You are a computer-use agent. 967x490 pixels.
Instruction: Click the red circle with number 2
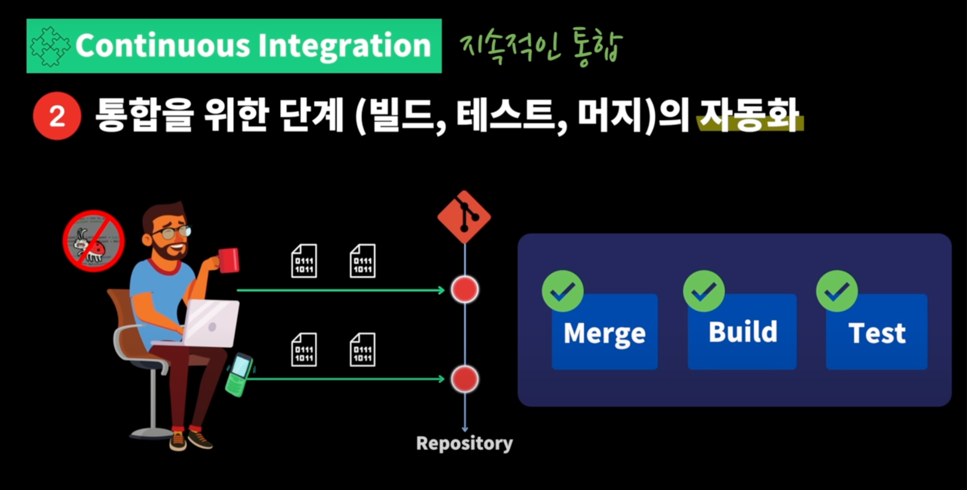57,116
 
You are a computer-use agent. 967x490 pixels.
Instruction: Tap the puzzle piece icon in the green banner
50,46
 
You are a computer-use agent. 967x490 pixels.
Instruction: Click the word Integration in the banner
344,46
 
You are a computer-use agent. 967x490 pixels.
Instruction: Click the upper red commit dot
464,290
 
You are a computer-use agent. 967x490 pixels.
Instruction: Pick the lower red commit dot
464,379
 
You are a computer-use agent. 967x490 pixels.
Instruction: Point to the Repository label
464,443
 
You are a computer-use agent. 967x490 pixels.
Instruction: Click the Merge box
604,333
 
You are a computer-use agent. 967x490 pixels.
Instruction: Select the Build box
742,332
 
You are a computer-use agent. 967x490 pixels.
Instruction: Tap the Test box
877,333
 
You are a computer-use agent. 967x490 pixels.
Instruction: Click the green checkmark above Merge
563,291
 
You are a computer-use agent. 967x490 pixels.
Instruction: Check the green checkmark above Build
704,291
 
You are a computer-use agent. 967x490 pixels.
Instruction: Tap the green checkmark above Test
837,291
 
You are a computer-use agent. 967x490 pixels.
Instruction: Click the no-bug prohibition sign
94,241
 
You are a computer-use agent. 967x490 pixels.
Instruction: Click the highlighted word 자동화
749,116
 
